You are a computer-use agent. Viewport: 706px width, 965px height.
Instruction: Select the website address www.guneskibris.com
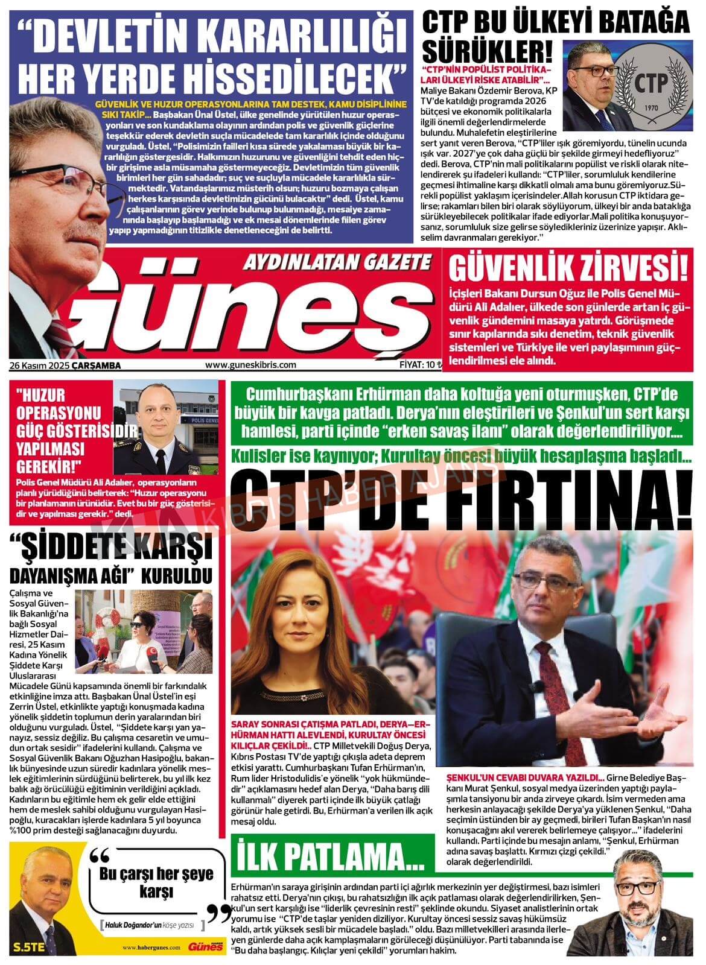coord(250,365)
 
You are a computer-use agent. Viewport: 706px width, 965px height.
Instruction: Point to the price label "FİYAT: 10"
coord(416,365)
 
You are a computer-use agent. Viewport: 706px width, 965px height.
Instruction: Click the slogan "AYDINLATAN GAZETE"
coord(337,261)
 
